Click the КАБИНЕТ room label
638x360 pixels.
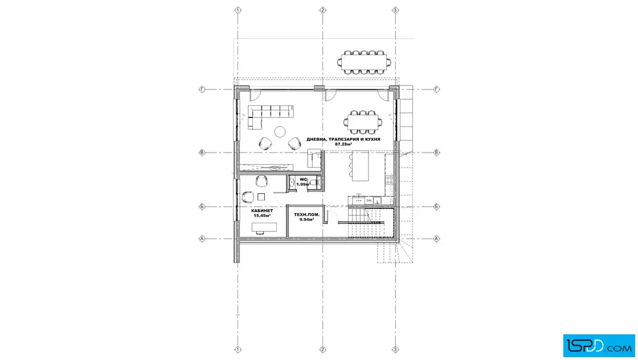click(262, 211)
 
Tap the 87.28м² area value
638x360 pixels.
click(343, 144)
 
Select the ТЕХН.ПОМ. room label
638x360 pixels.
click(307, 214)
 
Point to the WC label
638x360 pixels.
click(303, 179)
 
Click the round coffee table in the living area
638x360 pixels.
click(280, 132)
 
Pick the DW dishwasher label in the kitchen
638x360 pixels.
click(369, 201)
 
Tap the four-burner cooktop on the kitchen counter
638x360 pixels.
click(390, 179)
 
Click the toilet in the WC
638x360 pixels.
click(314, 183)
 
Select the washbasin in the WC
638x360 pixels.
click(292, 183)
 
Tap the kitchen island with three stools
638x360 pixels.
click(361, 166)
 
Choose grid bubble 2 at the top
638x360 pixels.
click(322, 10)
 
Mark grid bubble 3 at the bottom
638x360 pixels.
click(395, 349)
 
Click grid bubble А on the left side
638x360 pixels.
click(202, 239)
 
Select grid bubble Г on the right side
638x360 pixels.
click(436, 89)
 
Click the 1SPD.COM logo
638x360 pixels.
click(599, 346)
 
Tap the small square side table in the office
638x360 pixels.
click(261, 197)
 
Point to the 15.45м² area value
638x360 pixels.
click(262, 215)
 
